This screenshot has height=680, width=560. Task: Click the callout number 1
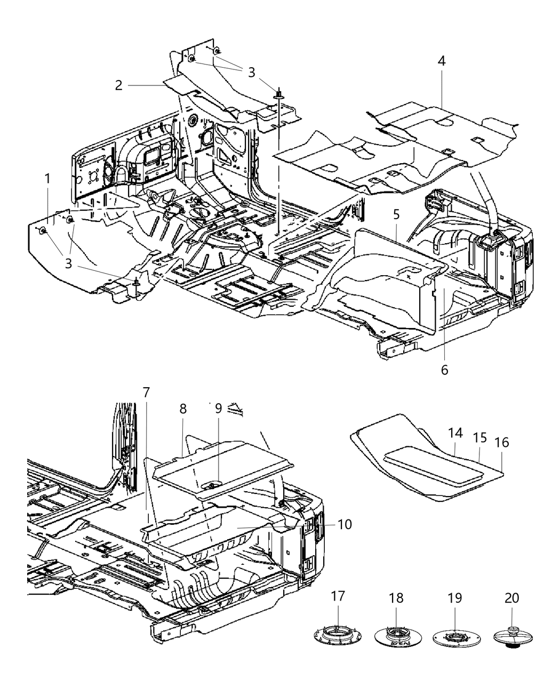point(47,179)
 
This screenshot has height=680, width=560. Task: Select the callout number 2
point(118,85)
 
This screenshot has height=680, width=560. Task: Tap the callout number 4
point(441,61)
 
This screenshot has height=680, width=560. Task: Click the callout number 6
point(444,369)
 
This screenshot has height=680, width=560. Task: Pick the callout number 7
point(146,393)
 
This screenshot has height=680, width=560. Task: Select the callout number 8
point(183,409)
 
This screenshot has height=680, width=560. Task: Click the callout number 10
point(345,524)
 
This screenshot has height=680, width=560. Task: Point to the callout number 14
point(455,433)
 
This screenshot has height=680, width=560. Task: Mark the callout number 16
point(502,442)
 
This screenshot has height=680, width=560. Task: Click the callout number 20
point(511,598)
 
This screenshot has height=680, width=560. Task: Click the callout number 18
point(397,598)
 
